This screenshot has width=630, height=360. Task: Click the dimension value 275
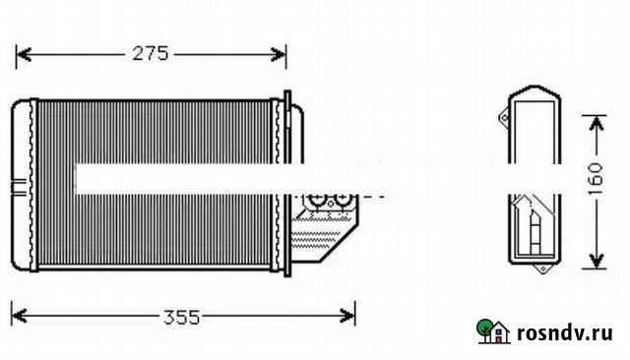coord(151,54)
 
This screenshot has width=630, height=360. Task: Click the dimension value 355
coord(181,317)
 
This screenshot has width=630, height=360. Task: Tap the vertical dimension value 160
coord(596,179)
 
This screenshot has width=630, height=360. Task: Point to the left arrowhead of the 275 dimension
coord(24,54)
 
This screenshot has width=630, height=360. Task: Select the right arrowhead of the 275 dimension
coord(278,54)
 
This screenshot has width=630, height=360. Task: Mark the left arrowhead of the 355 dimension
coord(20,316)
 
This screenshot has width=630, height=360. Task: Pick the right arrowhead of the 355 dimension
coord(347,316)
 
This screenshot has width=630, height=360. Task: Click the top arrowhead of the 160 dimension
coord(597,123)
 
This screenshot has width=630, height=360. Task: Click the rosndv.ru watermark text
coord(564,333)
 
